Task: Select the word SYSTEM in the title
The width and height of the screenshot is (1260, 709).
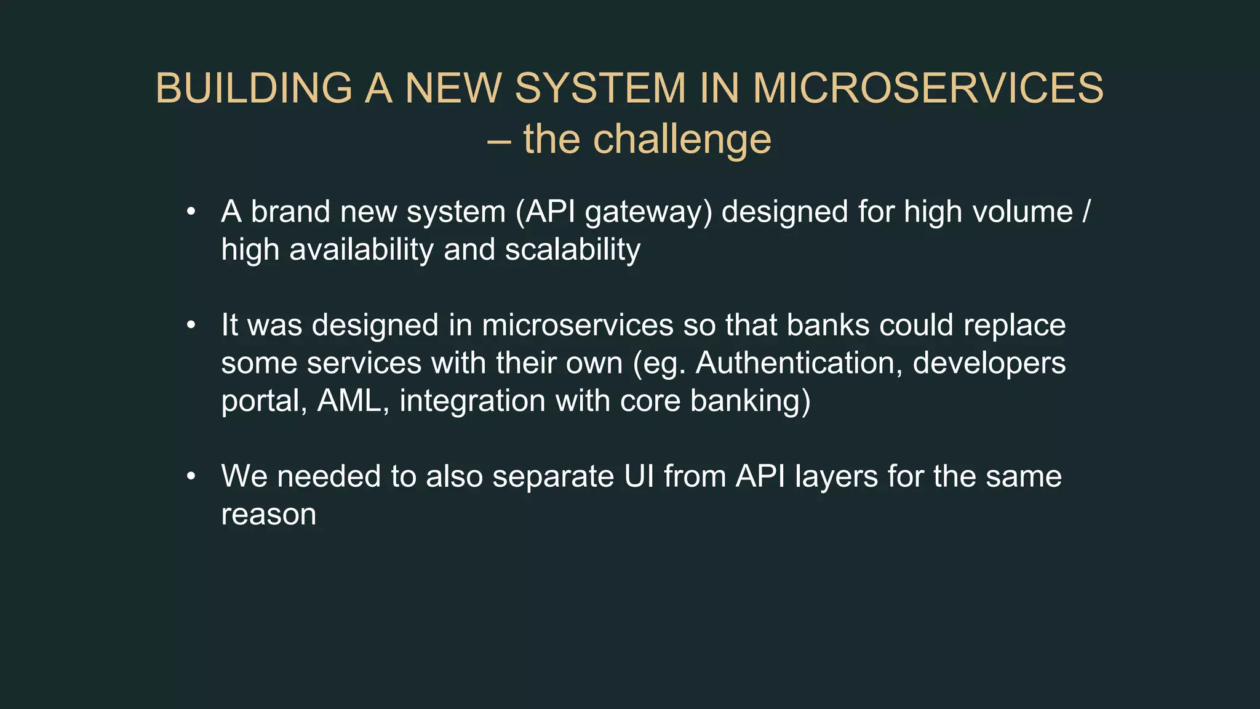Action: pos(600,88)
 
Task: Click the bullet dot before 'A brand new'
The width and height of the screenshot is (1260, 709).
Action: pos(191,212)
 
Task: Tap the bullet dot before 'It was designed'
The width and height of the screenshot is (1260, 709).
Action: pos(191,326)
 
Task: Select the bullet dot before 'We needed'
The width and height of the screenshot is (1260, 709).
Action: pos(191,476)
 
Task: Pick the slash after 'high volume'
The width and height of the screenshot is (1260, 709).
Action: pos(1085,212)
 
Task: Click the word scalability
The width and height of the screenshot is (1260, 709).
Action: pos(573,250)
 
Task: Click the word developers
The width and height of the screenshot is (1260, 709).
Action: pos(989,363)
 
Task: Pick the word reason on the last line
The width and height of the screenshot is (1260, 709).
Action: pos(268,515)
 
